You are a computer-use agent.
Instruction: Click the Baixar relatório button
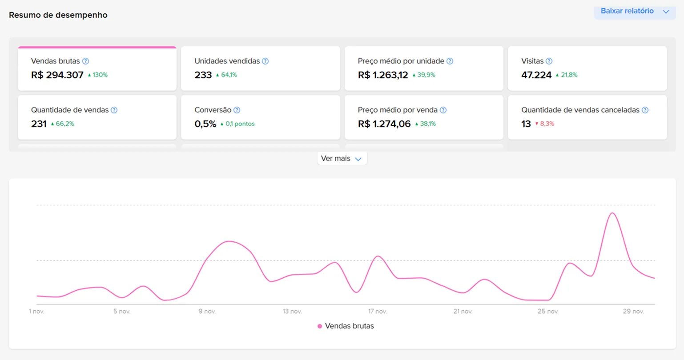[x=634, y=11]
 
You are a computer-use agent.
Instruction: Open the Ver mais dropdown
[x=342, y=159]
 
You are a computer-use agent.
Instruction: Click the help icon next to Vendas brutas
[x=86, y=61]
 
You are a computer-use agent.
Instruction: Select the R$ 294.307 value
[x=57, y=75]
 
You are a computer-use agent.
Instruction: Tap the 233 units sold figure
[x=203, y=75]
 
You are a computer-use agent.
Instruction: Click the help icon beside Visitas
[x=549, y=61]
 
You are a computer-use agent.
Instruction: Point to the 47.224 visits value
[x=536, y=75]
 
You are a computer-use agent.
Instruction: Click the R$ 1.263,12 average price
[x=382, y=75]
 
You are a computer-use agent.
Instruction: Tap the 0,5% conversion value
[x=205, y=124]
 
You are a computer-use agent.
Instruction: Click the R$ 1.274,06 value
[x=384, y=124]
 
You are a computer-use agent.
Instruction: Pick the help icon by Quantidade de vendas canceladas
[x=645, y=110]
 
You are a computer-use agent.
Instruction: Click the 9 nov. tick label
[x=207, y=312]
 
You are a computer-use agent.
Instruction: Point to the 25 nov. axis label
[x=548, y=312]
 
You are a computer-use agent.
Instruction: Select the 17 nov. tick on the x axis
[x=377, y=312]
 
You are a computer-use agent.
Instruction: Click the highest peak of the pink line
[x=613, y=213]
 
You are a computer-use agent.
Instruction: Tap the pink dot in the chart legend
[x=320, y=326]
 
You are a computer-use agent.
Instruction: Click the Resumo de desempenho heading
[x=58, y=15]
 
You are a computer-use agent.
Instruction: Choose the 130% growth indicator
[x=98, y=75]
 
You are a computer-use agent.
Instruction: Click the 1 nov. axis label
[x=36, y=312]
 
